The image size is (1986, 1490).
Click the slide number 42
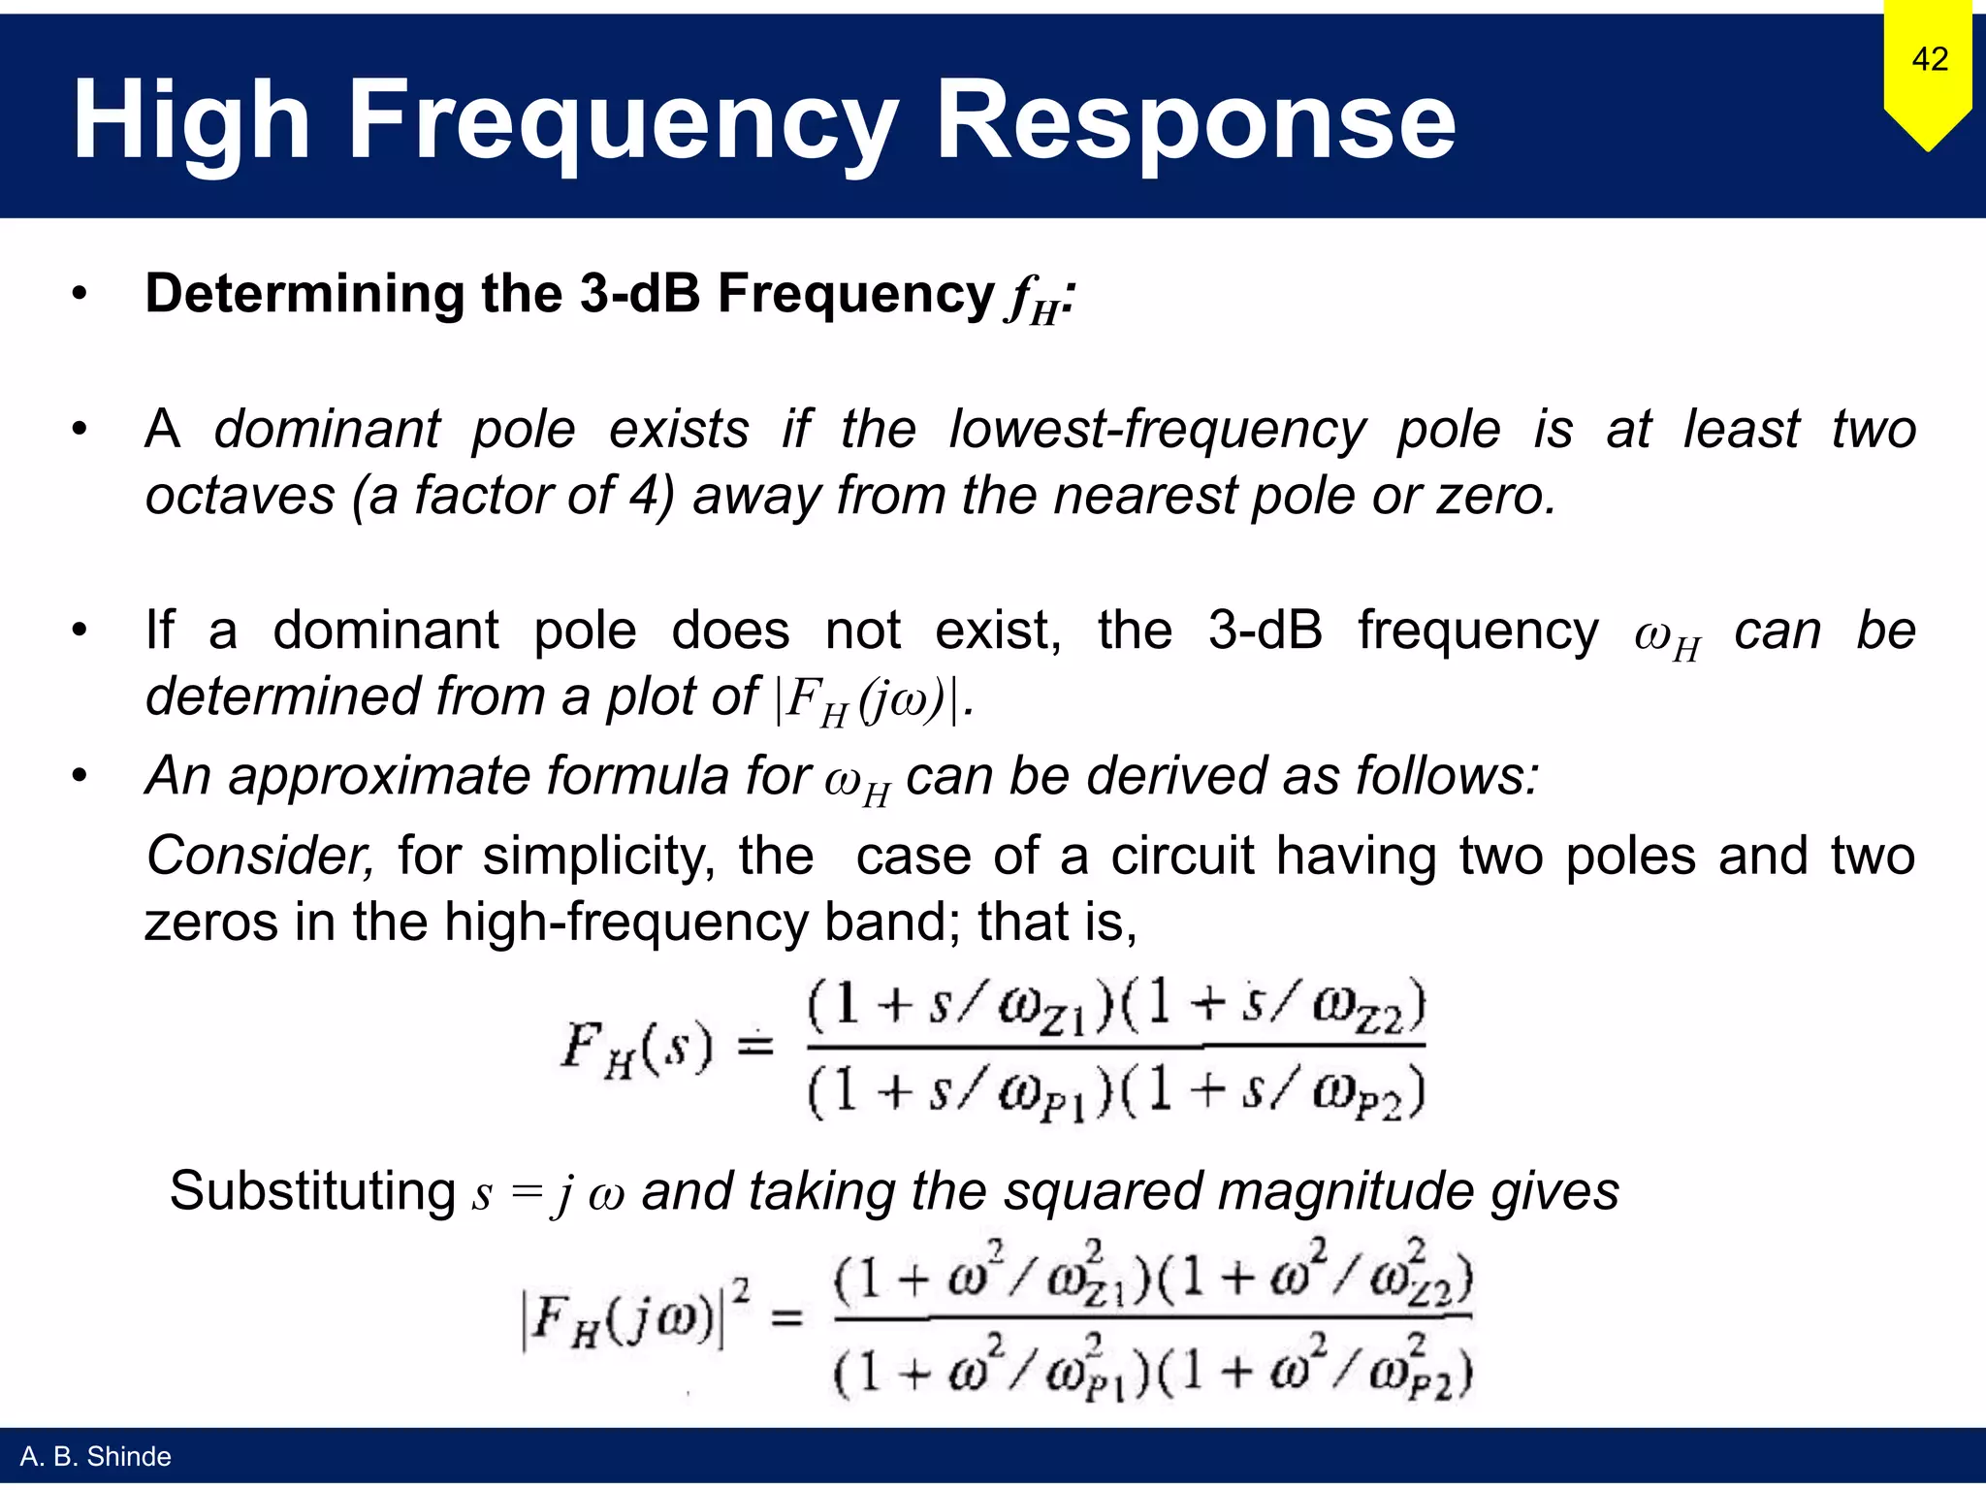(1930, 59)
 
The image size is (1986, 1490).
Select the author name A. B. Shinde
(95, 1456)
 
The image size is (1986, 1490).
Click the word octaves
(240, 496)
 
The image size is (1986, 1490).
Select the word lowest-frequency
(1157, 429)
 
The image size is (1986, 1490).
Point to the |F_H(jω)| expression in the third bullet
(870, 698)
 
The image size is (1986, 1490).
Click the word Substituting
(312, 1191)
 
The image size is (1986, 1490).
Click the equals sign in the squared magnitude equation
(785, 1317)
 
